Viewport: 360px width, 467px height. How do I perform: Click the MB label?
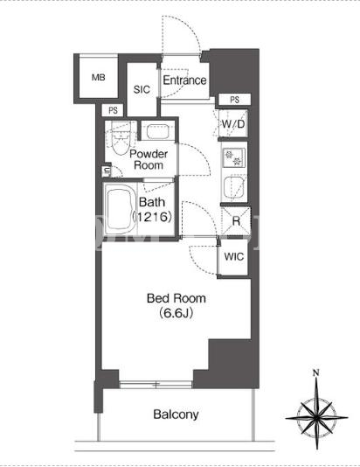[99, 78]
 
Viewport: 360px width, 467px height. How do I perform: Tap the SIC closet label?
[142, 89]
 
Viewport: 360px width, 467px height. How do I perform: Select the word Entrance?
[184, 80]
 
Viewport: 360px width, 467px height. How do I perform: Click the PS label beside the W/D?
[235, 100]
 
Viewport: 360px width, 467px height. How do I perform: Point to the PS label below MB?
[113, 111]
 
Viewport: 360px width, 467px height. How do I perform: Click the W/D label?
[233, 123]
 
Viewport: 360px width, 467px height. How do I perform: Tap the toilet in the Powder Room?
[121, 137]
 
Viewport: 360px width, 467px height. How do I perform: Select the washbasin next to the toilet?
[157, 131]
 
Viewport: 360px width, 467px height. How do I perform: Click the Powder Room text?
[149, 159]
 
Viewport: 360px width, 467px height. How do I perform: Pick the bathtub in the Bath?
[119, 209]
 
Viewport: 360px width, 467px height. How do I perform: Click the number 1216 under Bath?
[152, 217]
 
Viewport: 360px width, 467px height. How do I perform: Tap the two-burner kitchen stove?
[234, 157]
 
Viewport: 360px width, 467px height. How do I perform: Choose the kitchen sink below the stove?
[233, 188]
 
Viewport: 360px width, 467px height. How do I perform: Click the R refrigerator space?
[236, 221]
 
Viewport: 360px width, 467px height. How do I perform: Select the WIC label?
[233, 256]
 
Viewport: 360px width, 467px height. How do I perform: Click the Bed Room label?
[177, 298]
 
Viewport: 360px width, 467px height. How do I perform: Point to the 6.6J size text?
[177, 313]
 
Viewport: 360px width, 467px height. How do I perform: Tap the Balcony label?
[176, 415]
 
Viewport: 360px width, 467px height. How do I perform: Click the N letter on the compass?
[316, 373]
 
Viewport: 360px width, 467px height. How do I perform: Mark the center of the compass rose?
[316, 417]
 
